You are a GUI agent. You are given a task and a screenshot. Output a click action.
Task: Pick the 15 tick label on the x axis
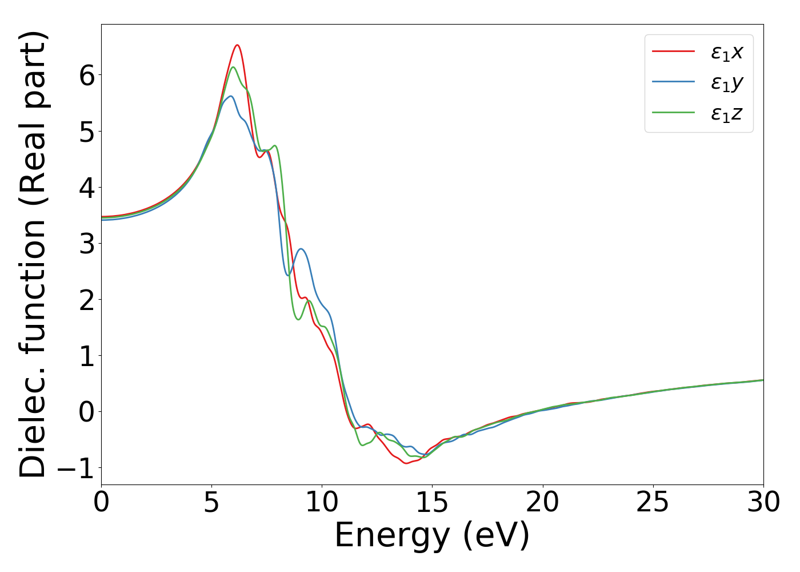[432, 502]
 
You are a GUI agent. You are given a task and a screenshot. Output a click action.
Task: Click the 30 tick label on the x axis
[763, 502]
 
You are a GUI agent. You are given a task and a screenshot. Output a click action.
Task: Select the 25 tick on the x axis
[653, 502]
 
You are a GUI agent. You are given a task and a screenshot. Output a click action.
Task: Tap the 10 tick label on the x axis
[322, 502]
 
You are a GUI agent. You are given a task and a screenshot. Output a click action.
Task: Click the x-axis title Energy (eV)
[432, 535]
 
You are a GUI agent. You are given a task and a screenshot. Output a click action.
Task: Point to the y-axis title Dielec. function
[33, 254]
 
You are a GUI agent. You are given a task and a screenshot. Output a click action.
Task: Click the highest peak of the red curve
[237, 45]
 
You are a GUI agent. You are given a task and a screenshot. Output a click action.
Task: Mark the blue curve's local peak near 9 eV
[301, 249]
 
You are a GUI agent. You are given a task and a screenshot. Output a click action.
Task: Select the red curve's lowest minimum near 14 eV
[406, 463]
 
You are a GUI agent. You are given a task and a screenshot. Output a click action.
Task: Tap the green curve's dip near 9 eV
[298, 320]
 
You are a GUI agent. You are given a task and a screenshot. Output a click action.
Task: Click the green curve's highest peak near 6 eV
[233, 67]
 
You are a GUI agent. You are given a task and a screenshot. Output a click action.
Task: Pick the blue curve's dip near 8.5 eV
[288, 275]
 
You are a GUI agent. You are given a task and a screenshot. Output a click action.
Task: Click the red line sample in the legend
[674, 52]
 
